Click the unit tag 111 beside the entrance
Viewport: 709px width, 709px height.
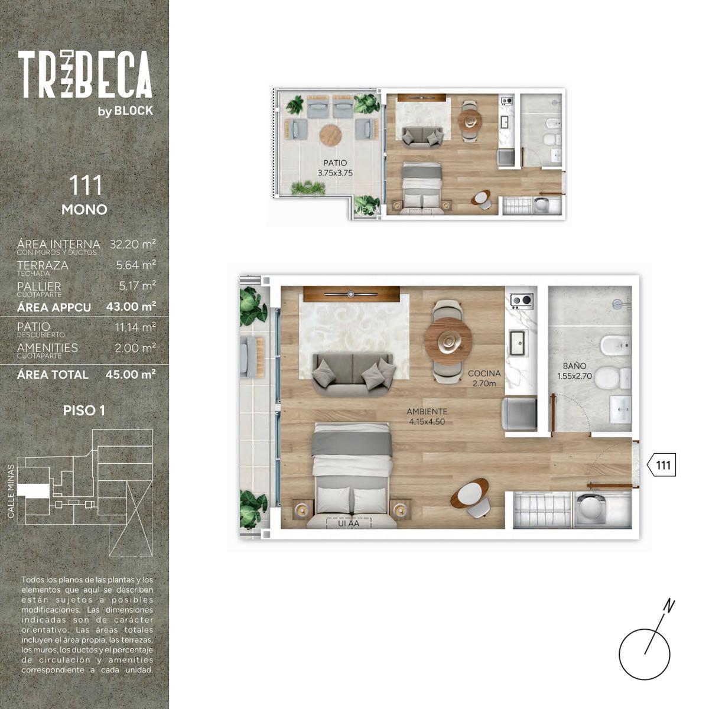pos(661,465)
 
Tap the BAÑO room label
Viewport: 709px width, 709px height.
pos(574,366)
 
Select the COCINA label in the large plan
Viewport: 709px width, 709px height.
pos(484,373)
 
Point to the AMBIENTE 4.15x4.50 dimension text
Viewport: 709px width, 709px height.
pos(427,417)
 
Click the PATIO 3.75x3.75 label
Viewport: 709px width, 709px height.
pos(335,168)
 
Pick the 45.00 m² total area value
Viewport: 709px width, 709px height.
pos(131,375)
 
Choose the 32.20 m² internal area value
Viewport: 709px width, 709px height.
pos(133,244)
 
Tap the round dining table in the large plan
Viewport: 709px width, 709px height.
pos(448,341)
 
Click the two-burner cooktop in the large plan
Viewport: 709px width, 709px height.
pos(521,301)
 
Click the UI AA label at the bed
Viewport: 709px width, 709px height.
pos(348,523)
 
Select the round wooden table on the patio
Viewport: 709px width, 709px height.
pos(330,135)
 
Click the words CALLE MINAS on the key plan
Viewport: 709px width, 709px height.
pos(11,491)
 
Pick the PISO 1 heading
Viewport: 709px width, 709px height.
pos(84,411)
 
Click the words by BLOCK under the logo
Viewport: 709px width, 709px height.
pos(125,110)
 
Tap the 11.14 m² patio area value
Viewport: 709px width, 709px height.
pos(135,327)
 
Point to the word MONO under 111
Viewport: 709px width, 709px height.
pos(84,210)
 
